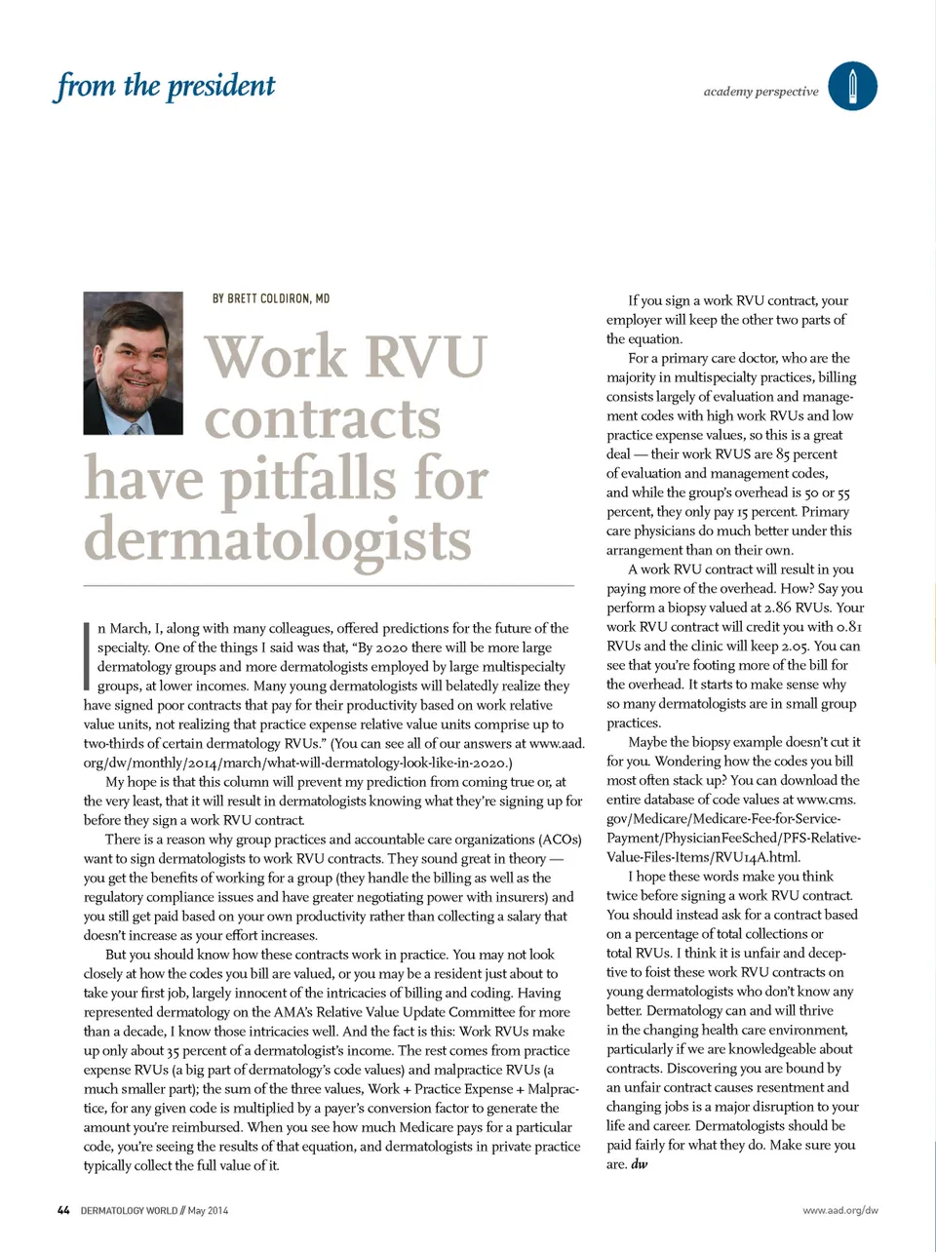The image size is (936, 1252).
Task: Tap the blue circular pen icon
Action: (x=852, y=86)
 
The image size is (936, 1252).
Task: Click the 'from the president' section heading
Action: (x=165, y=86)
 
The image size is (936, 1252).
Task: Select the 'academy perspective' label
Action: (x=760, y=92)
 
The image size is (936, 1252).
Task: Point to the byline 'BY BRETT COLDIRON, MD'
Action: (x=271, y=298)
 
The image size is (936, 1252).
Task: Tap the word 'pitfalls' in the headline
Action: (x=309, y=480)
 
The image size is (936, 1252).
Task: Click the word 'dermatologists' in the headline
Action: (x=277, y=540)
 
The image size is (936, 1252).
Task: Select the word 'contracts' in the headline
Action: (x=323, y=419)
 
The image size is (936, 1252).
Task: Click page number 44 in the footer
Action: (x=63, y=1210)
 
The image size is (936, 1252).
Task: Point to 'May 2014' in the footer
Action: (x=208, y=1211)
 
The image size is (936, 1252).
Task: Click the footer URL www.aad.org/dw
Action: (x=839, y=1211)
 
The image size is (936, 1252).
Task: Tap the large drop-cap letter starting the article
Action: (x=88, y=655)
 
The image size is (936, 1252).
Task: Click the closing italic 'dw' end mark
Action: (x=640, y=1164)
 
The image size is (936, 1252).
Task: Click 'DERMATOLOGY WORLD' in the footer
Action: (x=129, y=1211)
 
